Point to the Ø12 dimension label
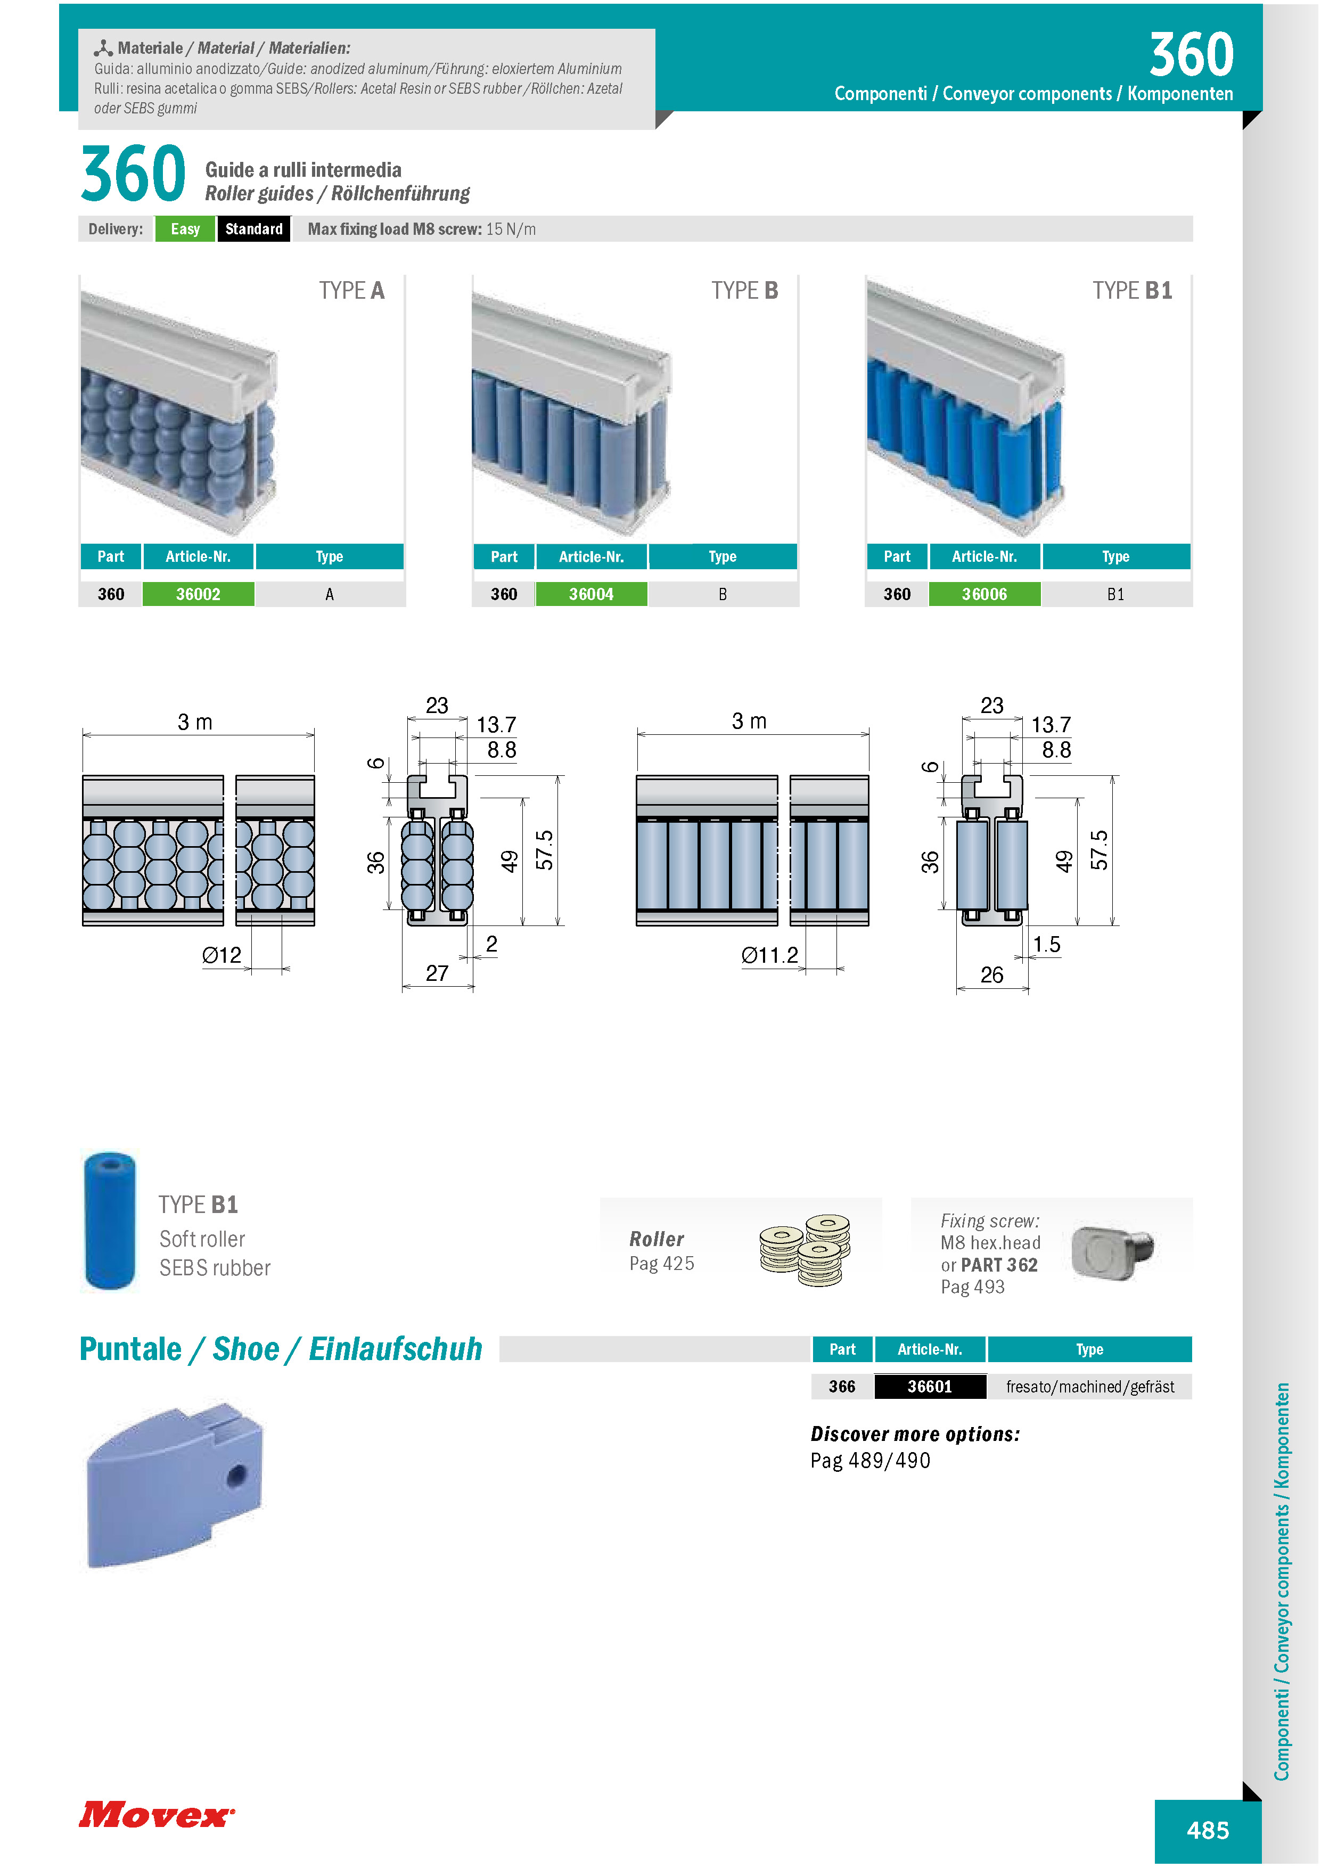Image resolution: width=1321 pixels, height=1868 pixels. [222, 955]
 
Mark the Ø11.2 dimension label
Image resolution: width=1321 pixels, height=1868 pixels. [769, 955]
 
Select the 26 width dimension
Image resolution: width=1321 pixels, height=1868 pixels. [991, 974]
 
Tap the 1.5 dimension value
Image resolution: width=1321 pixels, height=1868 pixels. [1047, 945]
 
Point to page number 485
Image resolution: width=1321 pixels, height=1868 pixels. [1208, 1831]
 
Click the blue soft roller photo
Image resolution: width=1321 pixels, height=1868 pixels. [110, 1220]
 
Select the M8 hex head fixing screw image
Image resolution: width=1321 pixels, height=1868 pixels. [1112, 1252]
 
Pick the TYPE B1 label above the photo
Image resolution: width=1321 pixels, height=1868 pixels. [1133, 290]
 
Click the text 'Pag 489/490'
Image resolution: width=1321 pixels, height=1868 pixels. [871, 1461]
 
